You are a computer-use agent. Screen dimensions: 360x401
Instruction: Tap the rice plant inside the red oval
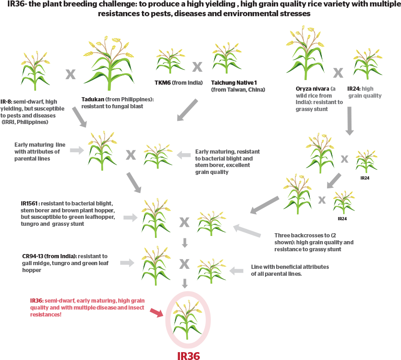188,319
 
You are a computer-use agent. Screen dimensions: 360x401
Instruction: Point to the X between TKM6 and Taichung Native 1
197,67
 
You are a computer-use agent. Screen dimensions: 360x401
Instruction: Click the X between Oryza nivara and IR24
338,73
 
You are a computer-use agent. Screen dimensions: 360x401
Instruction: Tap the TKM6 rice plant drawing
169,61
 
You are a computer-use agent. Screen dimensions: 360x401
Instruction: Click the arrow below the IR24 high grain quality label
350,121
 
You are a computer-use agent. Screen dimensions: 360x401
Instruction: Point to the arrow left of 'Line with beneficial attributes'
237,270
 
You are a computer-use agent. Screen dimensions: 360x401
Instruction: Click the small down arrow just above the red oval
185,283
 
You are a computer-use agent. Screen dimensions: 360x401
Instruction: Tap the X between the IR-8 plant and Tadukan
70,74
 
